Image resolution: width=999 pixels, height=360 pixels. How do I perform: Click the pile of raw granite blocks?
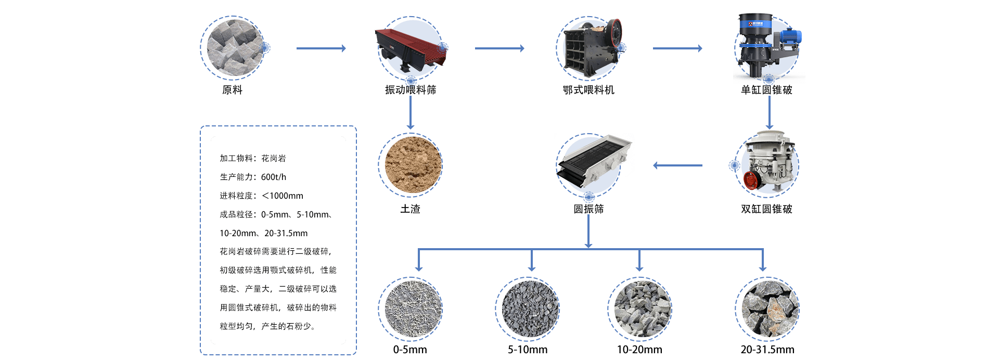(x=233, y=48)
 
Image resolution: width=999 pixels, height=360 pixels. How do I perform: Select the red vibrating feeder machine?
(x=411, y=47)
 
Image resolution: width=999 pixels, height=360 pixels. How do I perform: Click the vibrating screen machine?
(x=593, y=160)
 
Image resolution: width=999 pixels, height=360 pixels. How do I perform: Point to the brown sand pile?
(x=411, y=164)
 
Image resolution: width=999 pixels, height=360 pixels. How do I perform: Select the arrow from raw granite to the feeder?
(x=321, y=48)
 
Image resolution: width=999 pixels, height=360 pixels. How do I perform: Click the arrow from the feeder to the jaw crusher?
(x=499, y=48)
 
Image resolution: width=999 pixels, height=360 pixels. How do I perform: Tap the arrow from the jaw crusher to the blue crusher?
(x=677, y=48)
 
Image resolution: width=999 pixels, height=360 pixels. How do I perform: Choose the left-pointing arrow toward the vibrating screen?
(x=677, y=165)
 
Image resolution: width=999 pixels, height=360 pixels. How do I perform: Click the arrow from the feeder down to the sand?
(x=411, y=112)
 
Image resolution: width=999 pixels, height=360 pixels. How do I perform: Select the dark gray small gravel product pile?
(x=528, y=308)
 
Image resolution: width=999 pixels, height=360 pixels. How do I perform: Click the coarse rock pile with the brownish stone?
(x=768, y=308)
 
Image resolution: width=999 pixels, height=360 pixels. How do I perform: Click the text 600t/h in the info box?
(x=274, y=177)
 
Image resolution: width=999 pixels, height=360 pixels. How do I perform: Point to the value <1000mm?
(x=283, y=196)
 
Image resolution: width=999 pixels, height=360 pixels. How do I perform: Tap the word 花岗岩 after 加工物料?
(x=274, y=158)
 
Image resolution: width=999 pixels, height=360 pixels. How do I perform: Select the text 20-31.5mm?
(x=286, y=233)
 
